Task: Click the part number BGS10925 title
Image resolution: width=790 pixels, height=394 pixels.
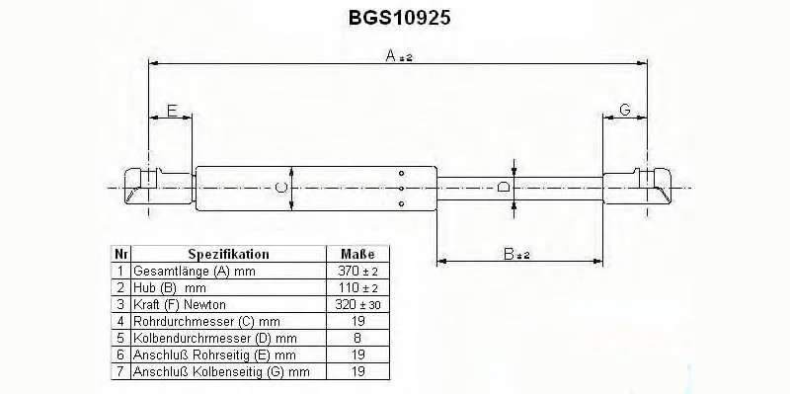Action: tap(399, 18)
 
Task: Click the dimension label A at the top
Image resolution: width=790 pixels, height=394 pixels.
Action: tap(392, 55)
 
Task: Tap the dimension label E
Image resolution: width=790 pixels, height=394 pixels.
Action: tap(172, 110)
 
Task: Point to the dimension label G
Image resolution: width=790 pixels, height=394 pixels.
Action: tap(625, 110)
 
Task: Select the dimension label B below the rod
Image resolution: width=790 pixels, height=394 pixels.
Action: tap(509, 254)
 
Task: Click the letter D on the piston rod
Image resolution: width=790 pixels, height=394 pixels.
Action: tap(503, 188)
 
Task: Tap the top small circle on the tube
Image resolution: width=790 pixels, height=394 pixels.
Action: tap(401, 174)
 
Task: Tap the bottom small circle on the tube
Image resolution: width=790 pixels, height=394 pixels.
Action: tap(401, 203)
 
